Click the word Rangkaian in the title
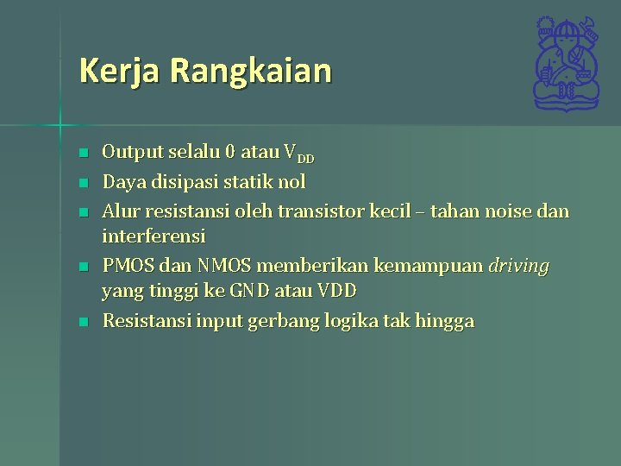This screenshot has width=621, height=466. coord(251,71)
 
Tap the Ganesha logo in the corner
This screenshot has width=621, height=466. coord(566,64)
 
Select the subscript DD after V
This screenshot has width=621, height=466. coord(305,158)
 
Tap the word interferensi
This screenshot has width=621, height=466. coord(154,236)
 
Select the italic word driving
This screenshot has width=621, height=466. coord(518,266)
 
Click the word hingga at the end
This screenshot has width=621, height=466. coord(444,322)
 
